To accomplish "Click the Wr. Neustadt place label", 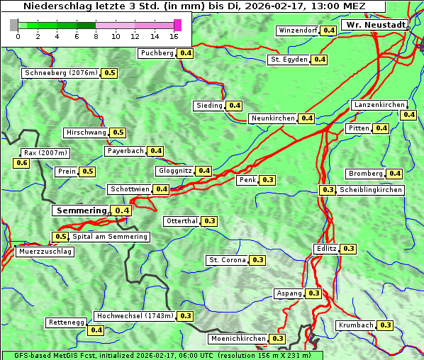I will (x=374, y=25).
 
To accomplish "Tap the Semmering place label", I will (x=81, y=210).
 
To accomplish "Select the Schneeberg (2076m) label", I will (x=60, y=73).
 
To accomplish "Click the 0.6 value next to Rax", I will (x=22, y=163).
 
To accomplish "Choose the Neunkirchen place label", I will (x=273, y=118).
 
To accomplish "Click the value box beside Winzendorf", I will (x=328, y=30).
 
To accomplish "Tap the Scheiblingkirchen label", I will (x=371, y=190).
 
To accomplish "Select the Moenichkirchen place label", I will (x=238, y=339).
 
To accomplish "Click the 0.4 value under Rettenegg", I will (x=96, y=330).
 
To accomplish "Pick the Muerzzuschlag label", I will (x=45, y=252).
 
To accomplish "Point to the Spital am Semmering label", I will (x=110, y=237).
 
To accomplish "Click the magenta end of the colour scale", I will (x=177, y=25).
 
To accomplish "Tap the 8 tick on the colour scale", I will (x=96, y=35).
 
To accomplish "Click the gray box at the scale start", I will (x=13, y=25).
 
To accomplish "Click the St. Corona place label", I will (x=227, y=260).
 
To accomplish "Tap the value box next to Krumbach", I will (x=385, y=325).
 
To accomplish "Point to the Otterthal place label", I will (x=182, y=221).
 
